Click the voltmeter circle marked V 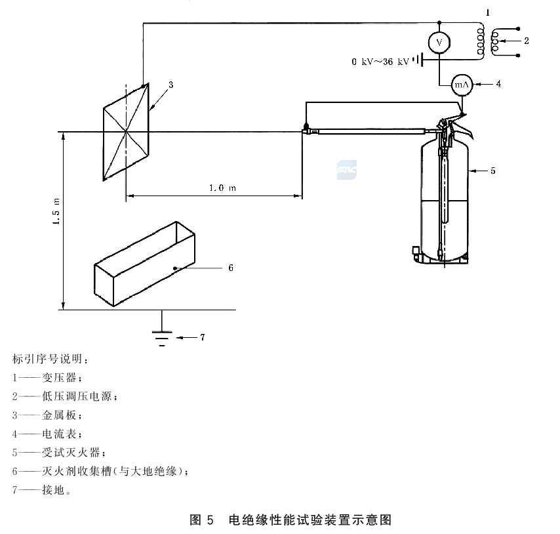(439, 43)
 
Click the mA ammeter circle (462, 85)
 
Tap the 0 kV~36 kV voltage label (380, 62)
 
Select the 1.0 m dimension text (222, 188)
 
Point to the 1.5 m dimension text (56, 211)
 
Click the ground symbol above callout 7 (162, 339)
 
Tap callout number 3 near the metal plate (170, 85)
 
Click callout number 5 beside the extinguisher (493, 171)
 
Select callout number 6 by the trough (231, 268)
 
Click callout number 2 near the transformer (526, 41)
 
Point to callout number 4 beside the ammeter (498, 84)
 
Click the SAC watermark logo (347, 170)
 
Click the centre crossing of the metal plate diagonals (126, 132)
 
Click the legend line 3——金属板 (47, 415)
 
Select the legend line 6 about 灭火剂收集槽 (100, 471)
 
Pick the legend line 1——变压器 (47, 378)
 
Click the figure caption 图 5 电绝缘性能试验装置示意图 (290, 520)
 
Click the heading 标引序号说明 (50, 359)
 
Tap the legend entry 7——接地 (42, 490)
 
